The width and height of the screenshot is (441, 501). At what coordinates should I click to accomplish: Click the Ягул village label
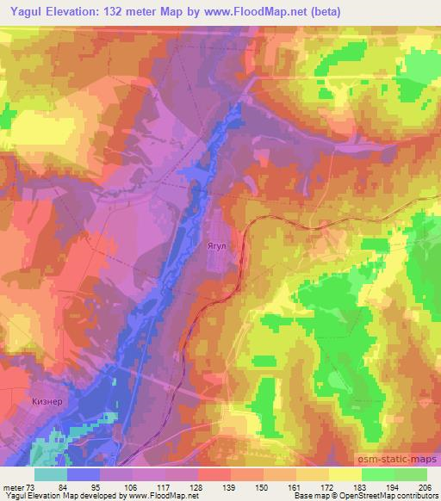coord(217,245)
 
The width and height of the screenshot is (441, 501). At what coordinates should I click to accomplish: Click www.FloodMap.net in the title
coord(260,12)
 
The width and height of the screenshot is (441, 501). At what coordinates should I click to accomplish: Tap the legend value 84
coord(84,487)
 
